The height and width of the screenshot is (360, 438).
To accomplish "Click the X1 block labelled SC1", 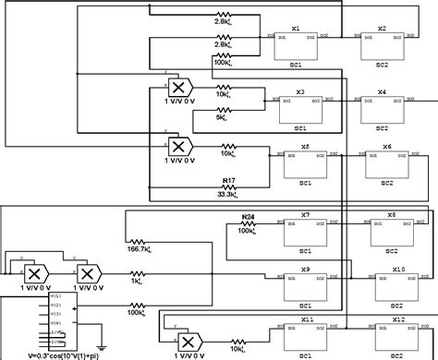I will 296,48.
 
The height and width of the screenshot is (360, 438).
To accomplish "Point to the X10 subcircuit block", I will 398,288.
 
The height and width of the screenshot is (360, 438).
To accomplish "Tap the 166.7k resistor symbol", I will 139,235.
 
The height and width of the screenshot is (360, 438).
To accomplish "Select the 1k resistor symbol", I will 138,273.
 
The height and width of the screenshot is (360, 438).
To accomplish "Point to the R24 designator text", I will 248,216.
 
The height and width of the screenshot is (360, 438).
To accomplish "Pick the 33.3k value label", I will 226,194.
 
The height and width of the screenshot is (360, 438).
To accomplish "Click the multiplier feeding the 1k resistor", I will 89,275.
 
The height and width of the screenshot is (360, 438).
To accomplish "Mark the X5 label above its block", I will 305,147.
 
